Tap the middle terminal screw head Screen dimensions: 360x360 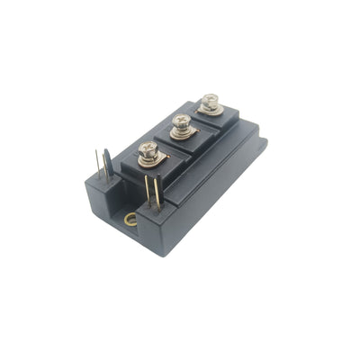click(x=181, y=122)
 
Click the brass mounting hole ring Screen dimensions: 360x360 click(x=131, y=219)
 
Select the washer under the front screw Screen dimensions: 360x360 click(x=149, y=161)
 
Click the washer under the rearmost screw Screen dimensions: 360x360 click(x=211, y=110)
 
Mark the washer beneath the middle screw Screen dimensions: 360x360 click(x=182, y=134)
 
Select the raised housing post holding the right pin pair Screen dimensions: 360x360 click(x=153, y=210)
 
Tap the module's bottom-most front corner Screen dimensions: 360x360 click(x=160, y=255)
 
